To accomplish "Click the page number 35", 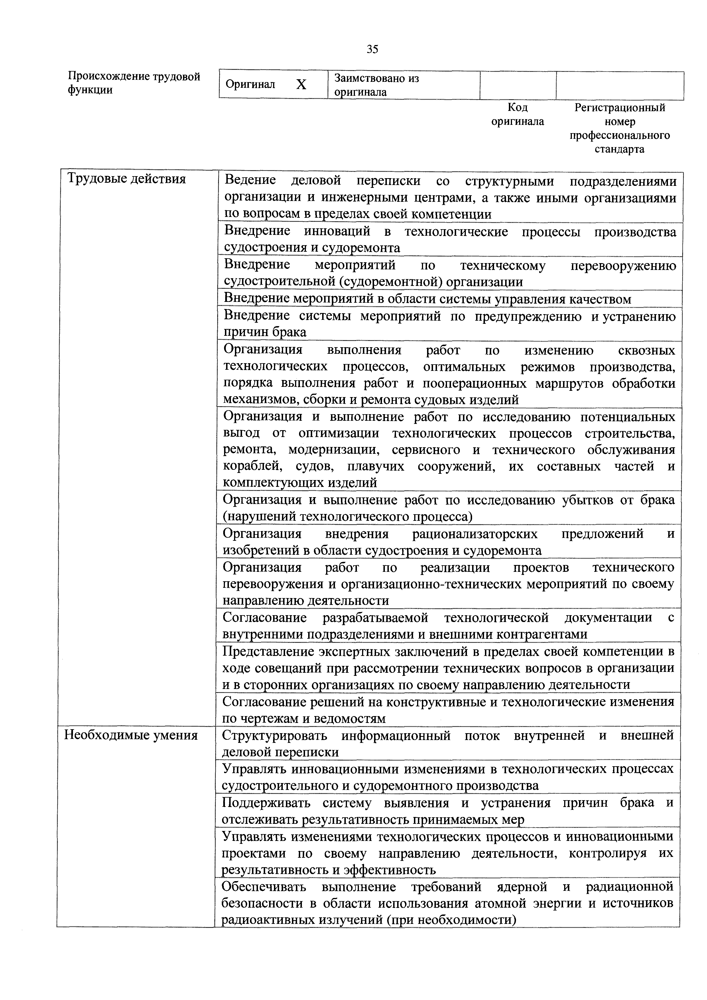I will (x=372, y=49).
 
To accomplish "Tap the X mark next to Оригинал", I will (x=301, y=84).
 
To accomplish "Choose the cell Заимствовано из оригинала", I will (x=376, y=85).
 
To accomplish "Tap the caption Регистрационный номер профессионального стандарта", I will (x=619, y=128).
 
